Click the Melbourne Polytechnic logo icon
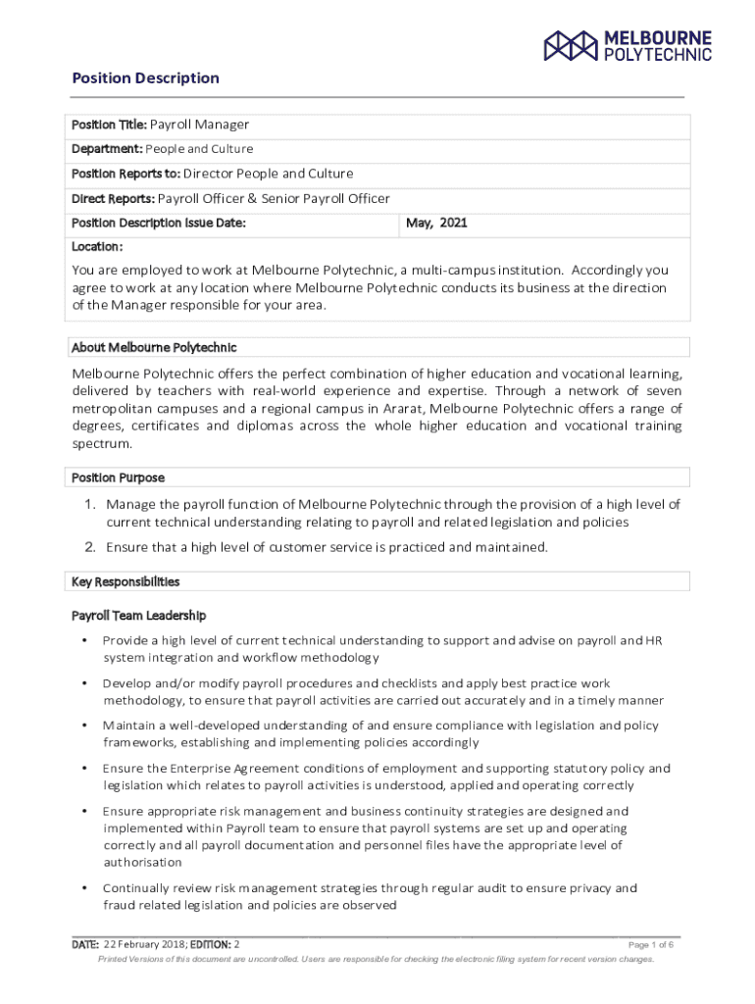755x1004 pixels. (571, 44)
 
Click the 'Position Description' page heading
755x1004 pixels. (146, 78)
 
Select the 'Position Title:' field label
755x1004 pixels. (109, 125)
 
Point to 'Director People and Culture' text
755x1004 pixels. (269, 174)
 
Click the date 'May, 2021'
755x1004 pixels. (436, 224)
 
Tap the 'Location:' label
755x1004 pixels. (97, 247)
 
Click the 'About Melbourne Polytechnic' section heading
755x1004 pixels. (154, 348)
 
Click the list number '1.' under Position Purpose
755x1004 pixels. (88, 504)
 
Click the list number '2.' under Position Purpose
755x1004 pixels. (88, 547)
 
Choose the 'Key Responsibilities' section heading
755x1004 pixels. (126, 582)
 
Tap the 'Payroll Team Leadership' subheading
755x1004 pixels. (138, 616)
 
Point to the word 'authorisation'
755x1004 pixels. (142, 862)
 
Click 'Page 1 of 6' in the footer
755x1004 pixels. (650, 944)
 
